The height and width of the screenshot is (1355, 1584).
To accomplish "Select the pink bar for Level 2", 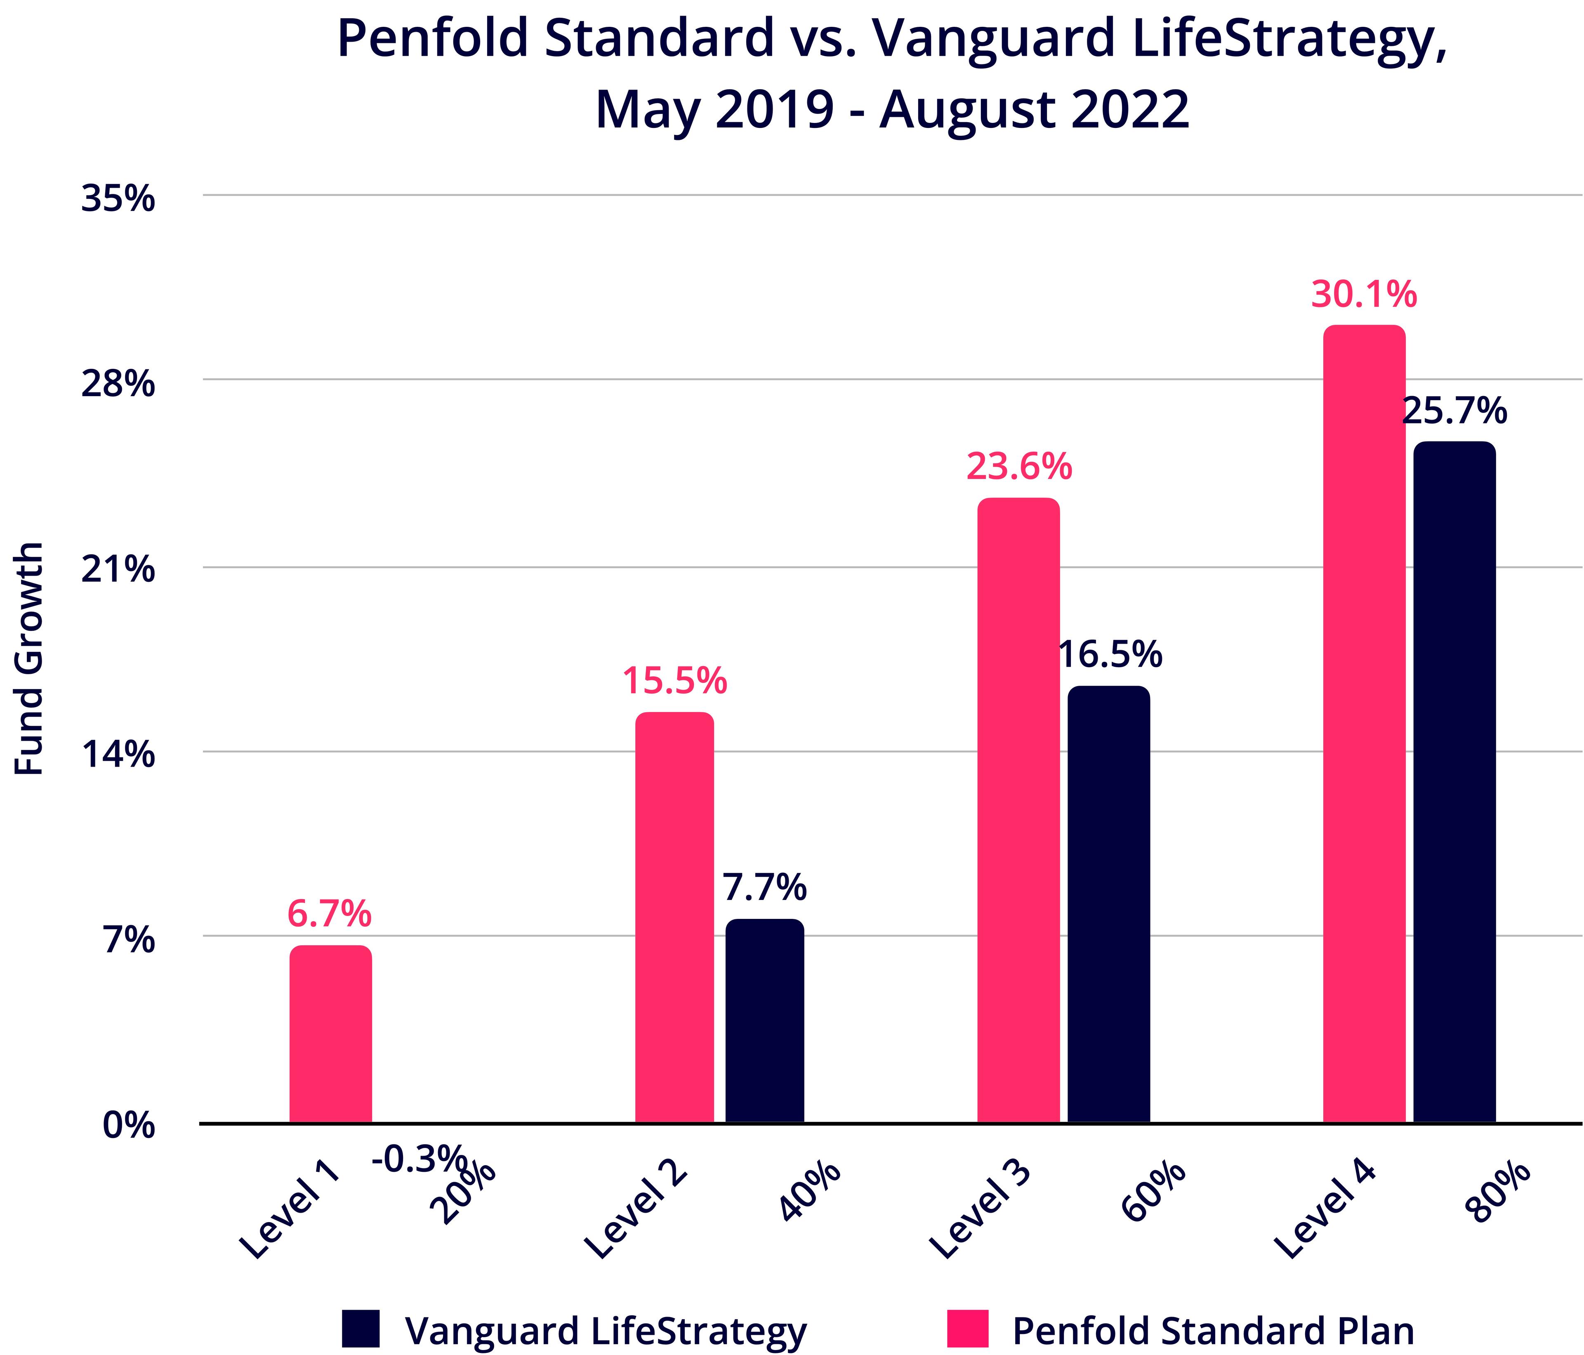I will point(674,918).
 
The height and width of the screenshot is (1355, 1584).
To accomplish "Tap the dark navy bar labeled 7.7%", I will point(764,1021).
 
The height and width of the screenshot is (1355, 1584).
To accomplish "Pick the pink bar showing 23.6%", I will point(1018,810).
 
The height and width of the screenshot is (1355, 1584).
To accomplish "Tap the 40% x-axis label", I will point(810,1193).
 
